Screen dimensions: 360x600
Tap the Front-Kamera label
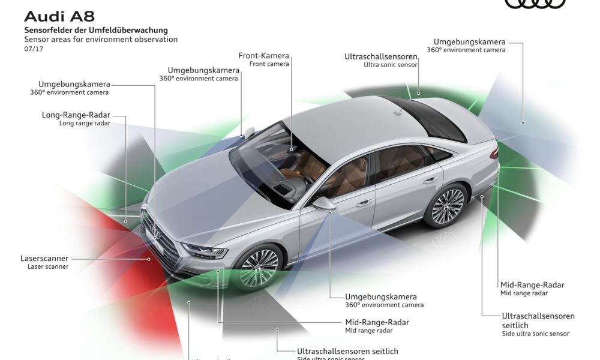click(x=264, y=56)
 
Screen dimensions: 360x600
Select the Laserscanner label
click(x=44, y=258)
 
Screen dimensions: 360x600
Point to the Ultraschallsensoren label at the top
click(x=382, y=56)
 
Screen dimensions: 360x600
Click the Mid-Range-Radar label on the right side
click(x=532, y=285)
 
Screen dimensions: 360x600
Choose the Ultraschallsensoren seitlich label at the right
click(x=538, y=316)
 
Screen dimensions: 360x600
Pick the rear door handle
click(x=430, y=179)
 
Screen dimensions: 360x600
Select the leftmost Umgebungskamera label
click(x=73, y=84)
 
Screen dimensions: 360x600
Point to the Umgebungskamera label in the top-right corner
click(x=469, y=42)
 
